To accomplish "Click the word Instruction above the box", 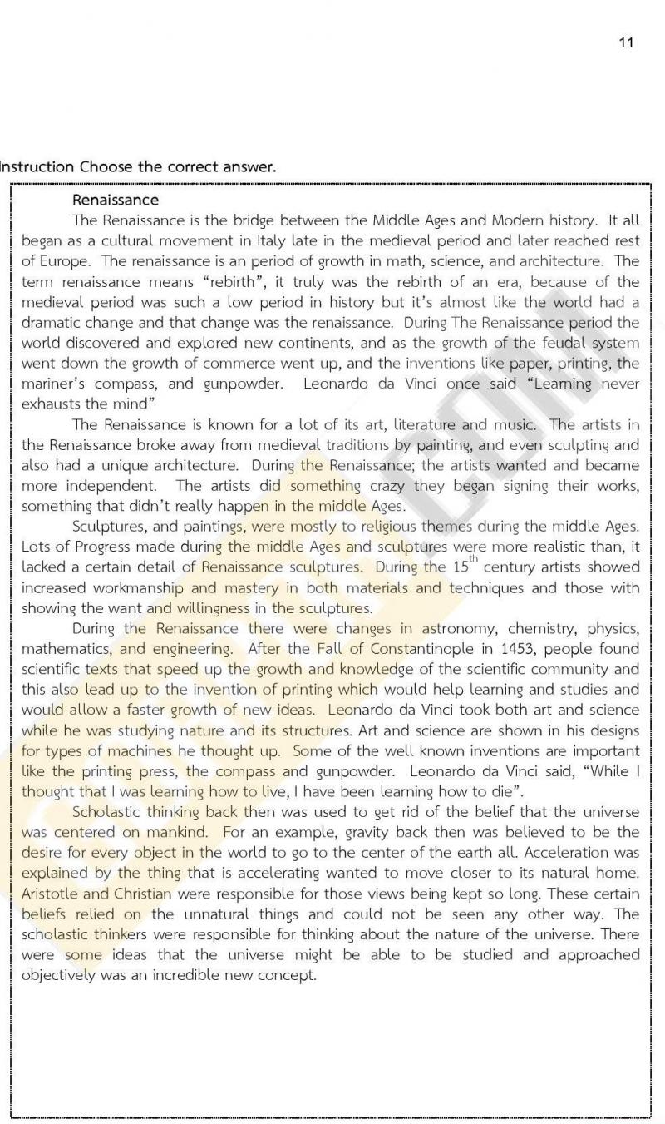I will point(37,166).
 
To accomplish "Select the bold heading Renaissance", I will point(115,200).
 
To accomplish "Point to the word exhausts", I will point(52,404).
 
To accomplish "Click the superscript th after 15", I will point(473,559).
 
